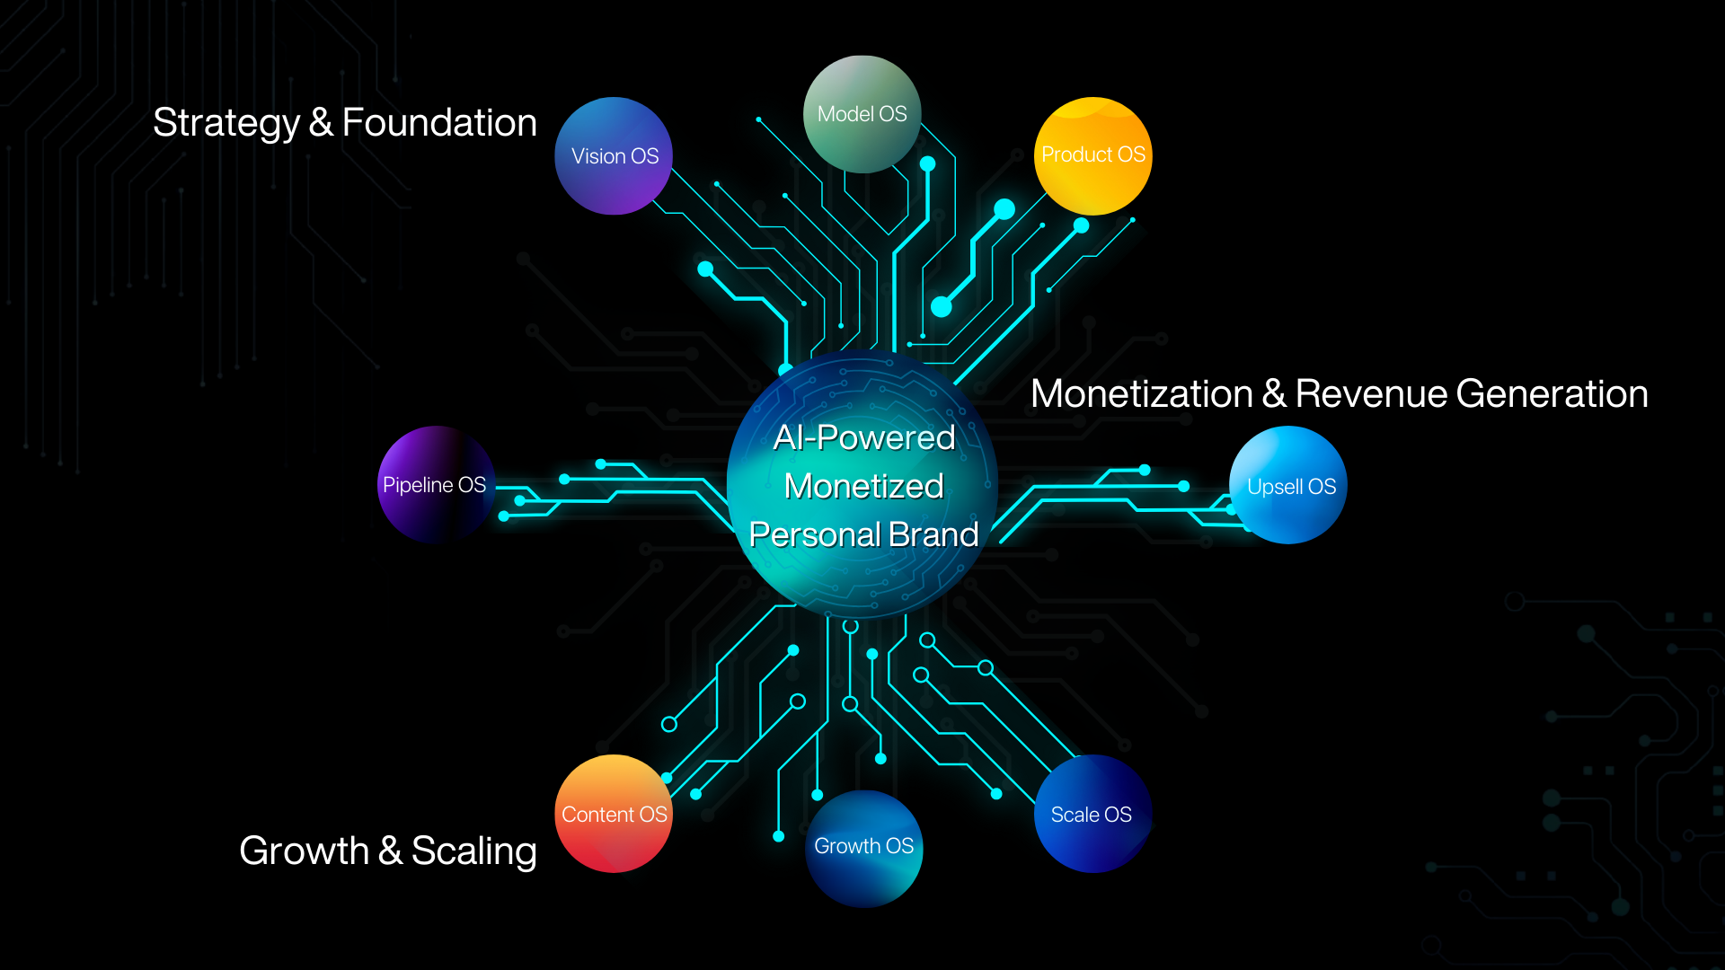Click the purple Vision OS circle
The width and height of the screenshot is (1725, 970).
pos(615,156)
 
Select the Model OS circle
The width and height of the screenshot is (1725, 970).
pos(862,114)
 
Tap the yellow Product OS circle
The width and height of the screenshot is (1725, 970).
pos(1092,155)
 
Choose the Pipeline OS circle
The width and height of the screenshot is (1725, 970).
pos(435,485)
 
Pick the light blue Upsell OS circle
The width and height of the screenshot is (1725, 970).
pos(1289,486)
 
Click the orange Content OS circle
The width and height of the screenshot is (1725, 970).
pos(614,814)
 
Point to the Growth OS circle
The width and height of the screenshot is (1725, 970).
pos(863,847)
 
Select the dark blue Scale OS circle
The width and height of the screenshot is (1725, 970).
pos(1092,814)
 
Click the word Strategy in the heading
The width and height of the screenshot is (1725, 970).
pos(226,124)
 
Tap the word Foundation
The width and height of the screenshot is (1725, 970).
pos(439,123)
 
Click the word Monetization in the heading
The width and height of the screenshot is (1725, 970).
pos(1141,394)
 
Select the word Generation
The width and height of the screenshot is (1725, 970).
pos(1552,394)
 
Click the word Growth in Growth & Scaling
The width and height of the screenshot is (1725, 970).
pos(304,851)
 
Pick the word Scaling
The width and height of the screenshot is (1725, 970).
pos(473,851)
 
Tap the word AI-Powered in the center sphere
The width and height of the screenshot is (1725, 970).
pos(863,437)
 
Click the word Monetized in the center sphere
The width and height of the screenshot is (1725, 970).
pos(863,486)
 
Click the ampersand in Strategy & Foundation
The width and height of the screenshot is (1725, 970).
pos(321,123)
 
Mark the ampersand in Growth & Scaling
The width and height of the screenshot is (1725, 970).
pos(390,851)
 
